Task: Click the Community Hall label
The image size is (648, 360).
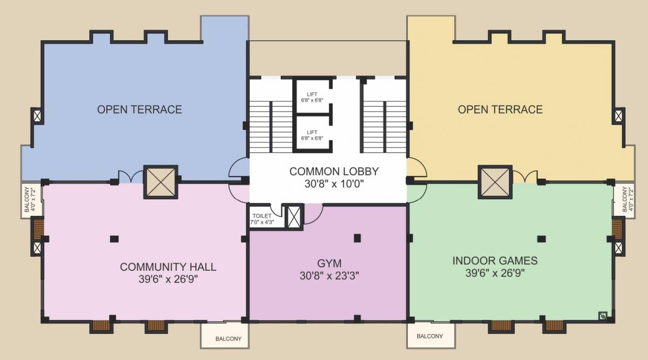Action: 168,267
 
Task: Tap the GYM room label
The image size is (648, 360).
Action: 329,263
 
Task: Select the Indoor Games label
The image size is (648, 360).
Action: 495,261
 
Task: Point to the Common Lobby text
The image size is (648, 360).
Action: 334,171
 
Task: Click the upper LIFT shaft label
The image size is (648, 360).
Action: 312,94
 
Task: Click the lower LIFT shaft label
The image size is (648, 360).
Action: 312,132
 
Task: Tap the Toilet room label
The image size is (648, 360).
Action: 262,216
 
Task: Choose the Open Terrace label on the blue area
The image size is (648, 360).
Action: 139,109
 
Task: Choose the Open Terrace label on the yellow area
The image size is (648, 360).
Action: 500,109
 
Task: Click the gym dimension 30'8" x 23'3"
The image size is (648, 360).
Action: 329,276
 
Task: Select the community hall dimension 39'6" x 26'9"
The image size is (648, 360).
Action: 168,279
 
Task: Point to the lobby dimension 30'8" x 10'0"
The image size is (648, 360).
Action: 334,184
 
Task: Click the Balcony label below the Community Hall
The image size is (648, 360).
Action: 228,339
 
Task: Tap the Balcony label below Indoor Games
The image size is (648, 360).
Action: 430,336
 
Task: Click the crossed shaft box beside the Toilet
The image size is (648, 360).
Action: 294,217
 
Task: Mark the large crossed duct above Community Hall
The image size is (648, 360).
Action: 161,182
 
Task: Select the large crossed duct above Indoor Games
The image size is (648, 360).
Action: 495,182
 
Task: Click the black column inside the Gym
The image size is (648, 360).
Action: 357,238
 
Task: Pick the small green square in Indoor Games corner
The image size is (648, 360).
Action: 602,315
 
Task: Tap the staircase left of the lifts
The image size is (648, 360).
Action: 271,127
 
